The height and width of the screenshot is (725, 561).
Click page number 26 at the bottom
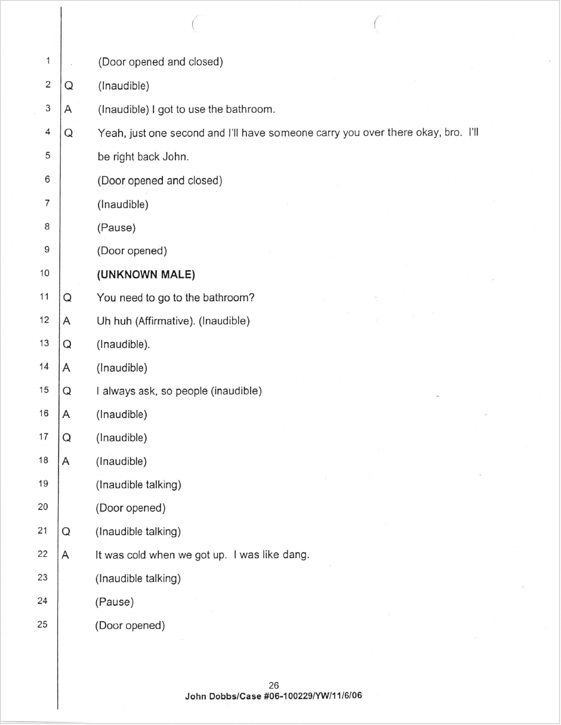[274, 686]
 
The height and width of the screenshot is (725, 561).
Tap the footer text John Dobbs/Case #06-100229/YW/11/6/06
[273, 695]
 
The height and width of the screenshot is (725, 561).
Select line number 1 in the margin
[47, 61]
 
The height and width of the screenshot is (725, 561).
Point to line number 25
[42, 625]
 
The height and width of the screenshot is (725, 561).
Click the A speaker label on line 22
[66, 555]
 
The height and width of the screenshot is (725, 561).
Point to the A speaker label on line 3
[68, 110]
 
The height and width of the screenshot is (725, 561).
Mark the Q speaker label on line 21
[66, 532]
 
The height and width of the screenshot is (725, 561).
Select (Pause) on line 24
[114, 602]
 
